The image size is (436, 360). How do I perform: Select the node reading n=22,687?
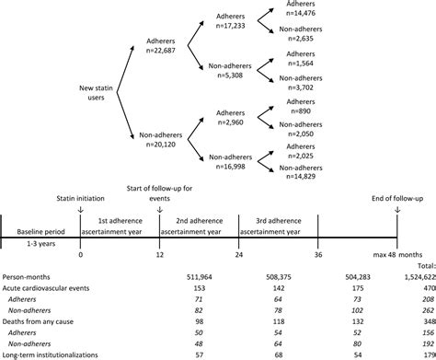(164, 52)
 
